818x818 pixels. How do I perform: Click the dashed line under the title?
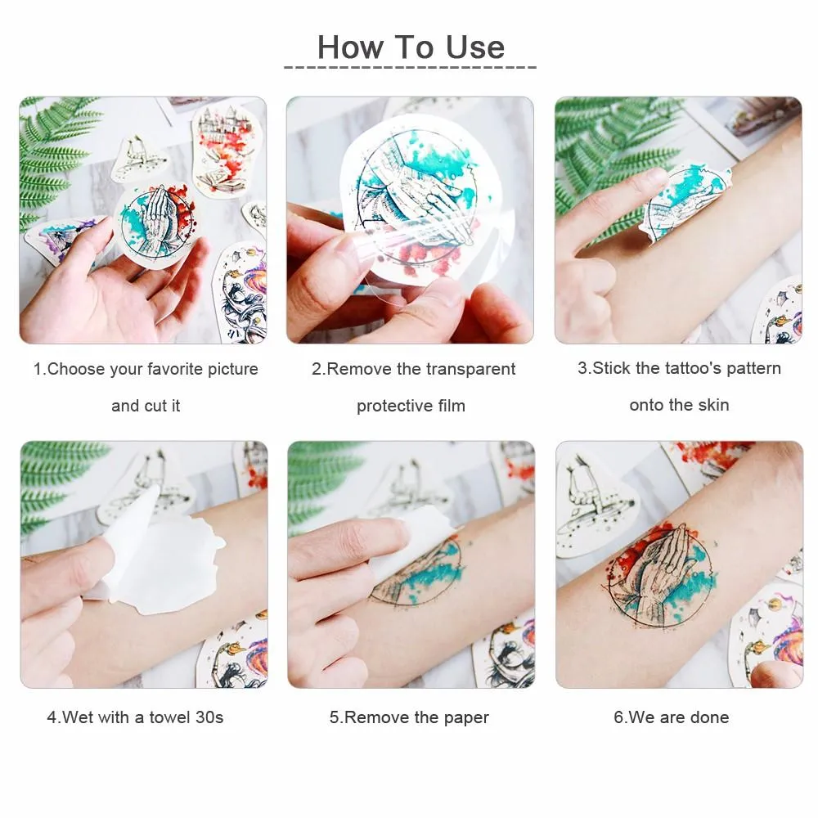point(410,68)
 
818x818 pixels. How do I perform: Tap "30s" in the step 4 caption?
point(209,717)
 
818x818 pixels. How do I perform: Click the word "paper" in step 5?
point(466,717)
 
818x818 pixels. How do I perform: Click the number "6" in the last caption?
point(618,717)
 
